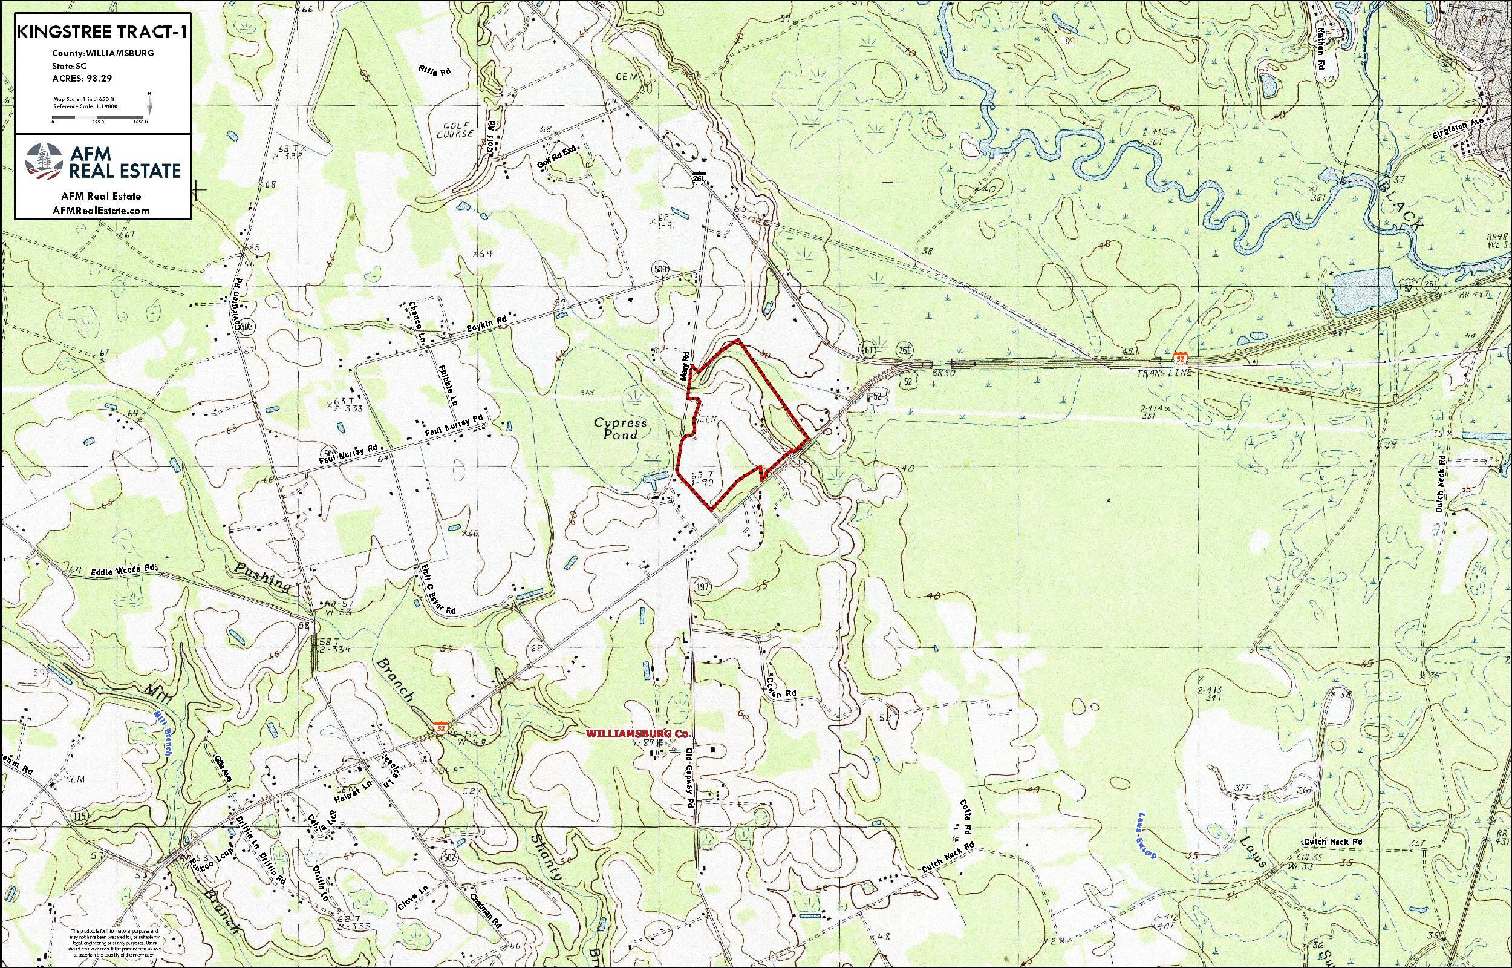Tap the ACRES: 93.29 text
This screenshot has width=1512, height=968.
point(82,79)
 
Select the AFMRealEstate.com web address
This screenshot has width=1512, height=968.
point(102,211)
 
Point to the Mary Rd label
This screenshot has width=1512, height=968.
point(685,365)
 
